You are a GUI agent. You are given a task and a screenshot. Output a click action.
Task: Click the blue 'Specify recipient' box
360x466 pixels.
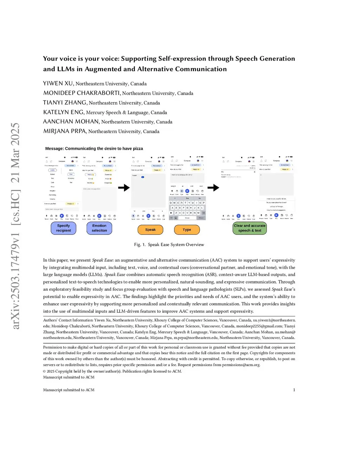(63, 228)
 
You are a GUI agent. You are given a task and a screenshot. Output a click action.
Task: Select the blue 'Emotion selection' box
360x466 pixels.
(99, 228)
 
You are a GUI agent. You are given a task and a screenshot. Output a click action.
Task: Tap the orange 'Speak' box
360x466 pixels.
(150, 230)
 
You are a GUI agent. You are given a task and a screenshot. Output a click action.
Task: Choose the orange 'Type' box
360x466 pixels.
(187, 230)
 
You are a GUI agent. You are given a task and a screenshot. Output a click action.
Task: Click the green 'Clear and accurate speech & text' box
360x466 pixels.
(250, 228)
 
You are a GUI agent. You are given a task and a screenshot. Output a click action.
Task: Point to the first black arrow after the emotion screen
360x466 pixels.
(124, 188)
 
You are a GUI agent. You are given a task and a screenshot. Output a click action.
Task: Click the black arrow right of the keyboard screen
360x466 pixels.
(213, 188)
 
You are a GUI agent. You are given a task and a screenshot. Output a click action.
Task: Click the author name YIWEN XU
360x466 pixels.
(58, 83)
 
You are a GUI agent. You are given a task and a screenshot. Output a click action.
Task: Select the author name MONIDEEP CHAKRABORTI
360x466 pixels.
(82, 93)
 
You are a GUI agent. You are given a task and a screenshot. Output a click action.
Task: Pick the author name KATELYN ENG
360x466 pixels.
(64, 112)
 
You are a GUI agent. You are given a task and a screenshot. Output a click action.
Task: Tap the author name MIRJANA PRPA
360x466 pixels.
(64, 131)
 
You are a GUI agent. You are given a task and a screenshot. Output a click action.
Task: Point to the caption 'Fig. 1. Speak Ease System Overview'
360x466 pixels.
(169, 245)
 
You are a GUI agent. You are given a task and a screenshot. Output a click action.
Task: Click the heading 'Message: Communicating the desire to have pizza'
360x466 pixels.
(94, 149)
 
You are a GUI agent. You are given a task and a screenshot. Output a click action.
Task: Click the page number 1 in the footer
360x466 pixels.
(294, 390)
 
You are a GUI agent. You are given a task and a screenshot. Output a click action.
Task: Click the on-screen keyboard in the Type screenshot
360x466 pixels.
(187, 208)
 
